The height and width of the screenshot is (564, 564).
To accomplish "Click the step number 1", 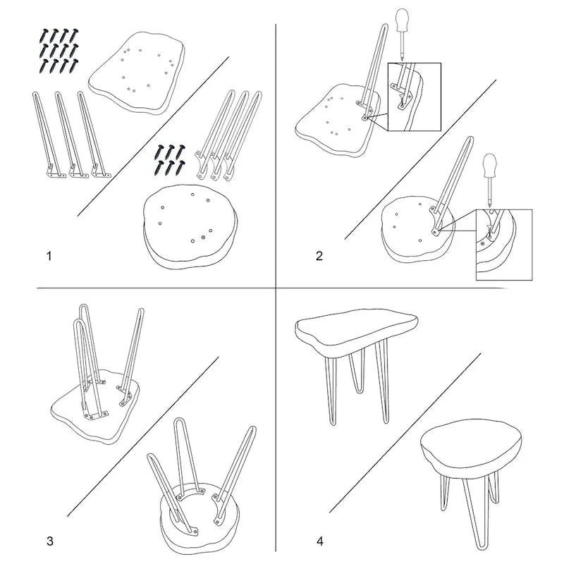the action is [x=49, y=256].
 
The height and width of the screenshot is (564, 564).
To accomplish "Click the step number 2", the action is [x=319, y=256].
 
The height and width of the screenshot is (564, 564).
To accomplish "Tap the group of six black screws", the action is [x=169, y=160].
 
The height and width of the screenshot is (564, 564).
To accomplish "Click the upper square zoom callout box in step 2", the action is [x=414, y=97].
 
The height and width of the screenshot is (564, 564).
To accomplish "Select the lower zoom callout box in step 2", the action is [x=504, y=245].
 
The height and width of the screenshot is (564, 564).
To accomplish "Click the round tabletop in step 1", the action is [x=190, y=226].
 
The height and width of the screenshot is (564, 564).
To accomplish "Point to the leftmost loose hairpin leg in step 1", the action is [x=49, y=135].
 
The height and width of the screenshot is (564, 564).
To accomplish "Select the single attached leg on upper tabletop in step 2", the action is [x=372, y=72].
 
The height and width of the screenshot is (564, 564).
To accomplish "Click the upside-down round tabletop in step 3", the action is [x=200, y=515].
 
